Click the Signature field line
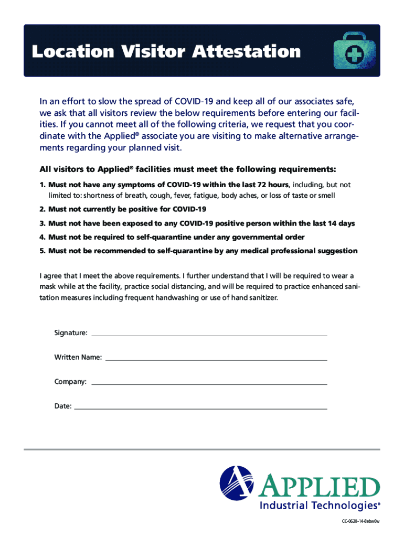tap(209, 335)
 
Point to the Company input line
tap(209, 384)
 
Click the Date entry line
tap(200, 408)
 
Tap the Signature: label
tap(71, 333)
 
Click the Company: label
tap(70, 382)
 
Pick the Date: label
tap(63, 406)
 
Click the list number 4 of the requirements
tap(42, 237)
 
